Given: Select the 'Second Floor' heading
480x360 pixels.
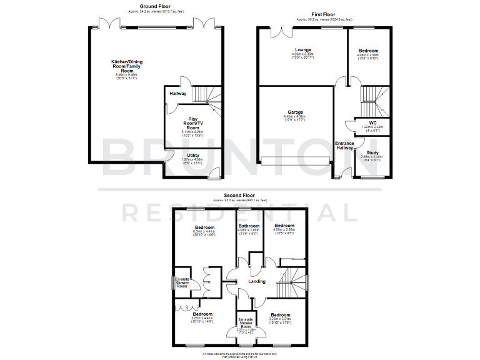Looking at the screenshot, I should pos(240,194).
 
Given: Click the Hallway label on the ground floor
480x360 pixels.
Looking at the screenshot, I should pos(178,94).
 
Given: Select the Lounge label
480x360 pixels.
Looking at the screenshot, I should pos(304,49).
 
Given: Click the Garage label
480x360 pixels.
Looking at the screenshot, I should pos(292,112).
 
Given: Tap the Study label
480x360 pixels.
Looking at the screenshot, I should pos(372,152).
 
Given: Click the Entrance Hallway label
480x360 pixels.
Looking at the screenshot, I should pos(345,146).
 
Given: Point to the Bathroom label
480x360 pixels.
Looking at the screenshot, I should pos(248,225).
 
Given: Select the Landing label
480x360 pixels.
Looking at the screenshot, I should pos(257,281).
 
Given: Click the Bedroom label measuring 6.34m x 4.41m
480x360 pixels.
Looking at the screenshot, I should pos(204,227).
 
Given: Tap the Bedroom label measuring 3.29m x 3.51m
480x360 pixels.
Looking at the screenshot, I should pos(280,315).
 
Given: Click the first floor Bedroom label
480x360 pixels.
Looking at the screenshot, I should pos(368,51).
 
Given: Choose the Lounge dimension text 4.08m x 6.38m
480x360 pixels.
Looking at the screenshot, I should pos(304,55).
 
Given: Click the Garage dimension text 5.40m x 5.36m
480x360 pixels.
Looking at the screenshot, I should pos(292,117).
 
